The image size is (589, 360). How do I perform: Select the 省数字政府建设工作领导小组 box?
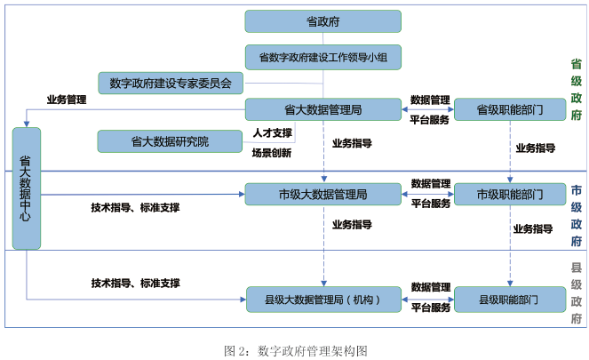[322, 57]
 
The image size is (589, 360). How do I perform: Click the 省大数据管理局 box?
[322, 110]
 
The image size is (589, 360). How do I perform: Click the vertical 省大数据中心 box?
[27, 188]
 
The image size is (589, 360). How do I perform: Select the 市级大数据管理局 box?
[322, 194]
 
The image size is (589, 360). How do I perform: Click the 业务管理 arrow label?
[67, 100]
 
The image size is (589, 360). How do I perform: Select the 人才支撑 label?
[272, 132]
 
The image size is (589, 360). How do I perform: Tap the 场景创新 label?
[272, 152]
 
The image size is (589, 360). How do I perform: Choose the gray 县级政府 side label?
[576, 293]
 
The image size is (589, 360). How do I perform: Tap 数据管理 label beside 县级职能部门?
[430, 287]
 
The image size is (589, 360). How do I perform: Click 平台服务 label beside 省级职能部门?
[430, 119]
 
